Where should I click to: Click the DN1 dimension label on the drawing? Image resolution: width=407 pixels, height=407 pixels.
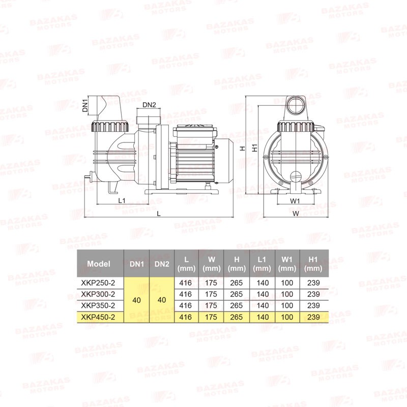coord(85,106)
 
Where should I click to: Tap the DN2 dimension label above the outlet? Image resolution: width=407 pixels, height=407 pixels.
coord(149,105)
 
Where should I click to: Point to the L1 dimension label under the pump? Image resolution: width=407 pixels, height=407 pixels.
coord(122,200)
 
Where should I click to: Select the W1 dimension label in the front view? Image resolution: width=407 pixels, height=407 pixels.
coord(295,200)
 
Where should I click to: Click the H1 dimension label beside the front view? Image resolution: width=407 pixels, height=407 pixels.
coord(255,148)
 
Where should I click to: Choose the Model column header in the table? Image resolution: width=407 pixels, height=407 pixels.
coord(99,264)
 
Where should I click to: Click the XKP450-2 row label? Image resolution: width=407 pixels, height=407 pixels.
coord(98,317)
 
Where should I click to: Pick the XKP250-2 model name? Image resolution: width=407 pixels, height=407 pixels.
coord(98,283)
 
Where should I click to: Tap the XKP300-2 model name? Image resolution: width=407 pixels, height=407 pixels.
coord(98,294)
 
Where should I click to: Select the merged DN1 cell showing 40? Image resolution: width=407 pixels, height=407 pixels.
coord(136,300)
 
